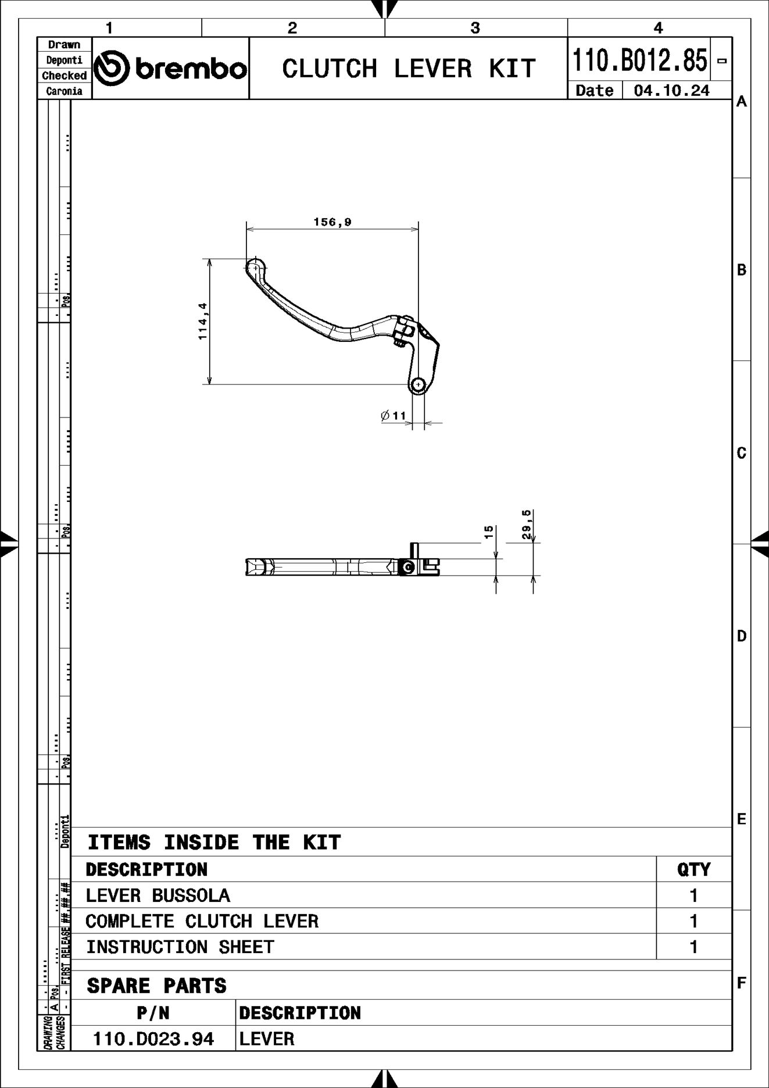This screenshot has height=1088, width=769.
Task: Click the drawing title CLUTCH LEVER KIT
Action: coord(408,69)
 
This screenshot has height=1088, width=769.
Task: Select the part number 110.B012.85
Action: coord(639,60)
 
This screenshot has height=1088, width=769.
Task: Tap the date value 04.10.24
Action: coord(671,91)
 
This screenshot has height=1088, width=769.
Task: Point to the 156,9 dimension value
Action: coord(332,222)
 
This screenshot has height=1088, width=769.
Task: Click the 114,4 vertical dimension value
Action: coord(203,321)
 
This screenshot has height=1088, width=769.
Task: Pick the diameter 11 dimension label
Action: coord(394,416)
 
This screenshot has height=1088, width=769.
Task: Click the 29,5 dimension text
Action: coord(527,525)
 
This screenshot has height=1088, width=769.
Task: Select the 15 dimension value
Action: coord(489,531)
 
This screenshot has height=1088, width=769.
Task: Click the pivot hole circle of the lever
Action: coord(419,384)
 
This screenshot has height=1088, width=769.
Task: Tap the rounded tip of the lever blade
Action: coord(254,266)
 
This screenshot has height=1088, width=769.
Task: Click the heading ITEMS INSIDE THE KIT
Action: coord(214,843)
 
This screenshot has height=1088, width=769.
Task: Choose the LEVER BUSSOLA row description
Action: coord(158,896)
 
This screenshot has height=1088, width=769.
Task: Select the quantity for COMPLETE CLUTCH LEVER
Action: coord(693,921)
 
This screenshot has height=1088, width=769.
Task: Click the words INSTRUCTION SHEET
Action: coord(180,947)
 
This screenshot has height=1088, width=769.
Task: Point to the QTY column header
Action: coord(693,869)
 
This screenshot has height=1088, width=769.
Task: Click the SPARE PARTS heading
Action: coord(156,986)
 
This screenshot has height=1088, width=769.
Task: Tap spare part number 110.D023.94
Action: coord(153,1039)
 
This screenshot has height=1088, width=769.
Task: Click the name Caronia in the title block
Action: coord(64,91)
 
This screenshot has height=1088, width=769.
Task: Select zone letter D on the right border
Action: coord(741,636)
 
